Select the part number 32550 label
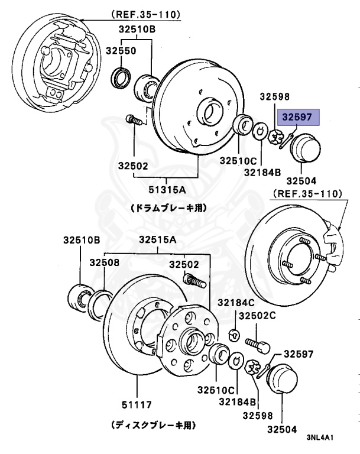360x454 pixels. pyautogui.click(x=121, y=51)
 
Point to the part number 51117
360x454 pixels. pyautogui.click(x=136, y=405)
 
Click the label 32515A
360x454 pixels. pyautogui.click(x=158, y=239)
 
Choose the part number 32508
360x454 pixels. pyautogui.click(x=105, y=262)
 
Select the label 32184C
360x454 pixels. pyautogui.click(x=235, y=302)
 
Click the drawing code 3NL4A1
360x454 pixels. pyautogui.click(x=323, y=438)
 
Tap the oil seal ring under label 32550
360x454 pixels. pyautogui.click(x=122, y=77)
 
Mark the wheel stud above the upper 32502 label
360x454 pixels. pyautogui.click(x=135, y=120)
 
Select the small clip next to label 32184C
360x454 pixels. pyautogui.click(x=233, y=335)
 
